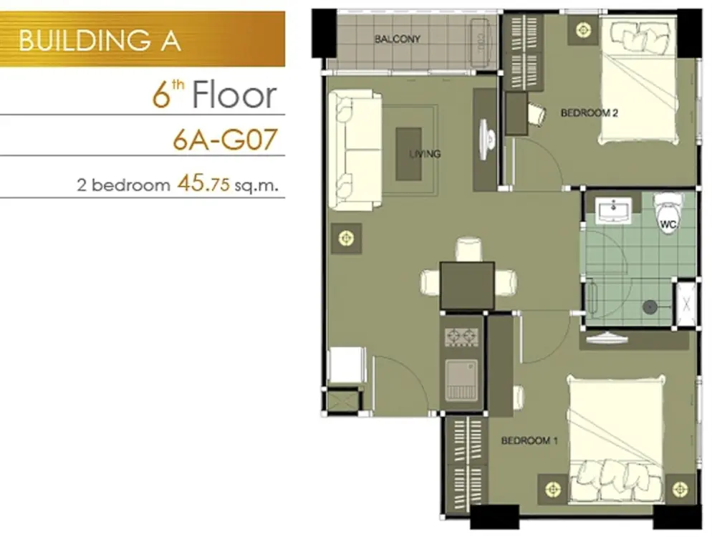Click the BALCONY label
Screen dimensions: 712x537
click(x=398, y=39)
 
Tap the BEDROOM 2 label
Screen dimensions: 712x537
click(x=589, y=112)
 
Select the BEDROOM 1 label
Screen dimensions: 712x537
click(x=529, y=440)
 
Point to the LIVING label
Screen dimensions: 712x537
click(x=425, y=154)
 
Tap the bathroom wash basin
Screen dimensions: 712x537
click(x=613, y=211)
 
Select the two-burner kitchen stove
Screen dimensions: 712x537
click(x=461, y=337)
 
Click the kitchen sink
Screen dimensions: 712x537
click(x=461, y=379)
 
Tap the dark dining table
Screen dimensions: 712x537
click(x=467, y=286)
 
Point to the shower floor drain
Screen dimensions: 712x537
click(x=650, y=307)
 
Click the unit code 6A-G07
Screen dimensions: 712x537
click(x=225, y=139)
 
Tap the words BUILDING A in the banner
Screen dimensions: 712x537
click(x=100, y=40)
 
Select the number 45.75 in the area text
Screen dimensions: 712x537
click(x=203, y=183)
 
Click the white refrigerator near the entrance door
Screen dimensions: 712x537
click(x=347, y=365)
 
